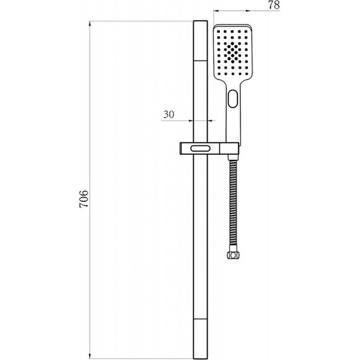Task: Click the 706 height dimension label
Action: point(83,199)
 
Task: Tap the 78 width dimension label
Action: point(274,5)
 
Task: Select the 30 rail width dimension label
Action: point(169,114)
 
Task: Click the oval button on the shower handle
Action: point(233,99)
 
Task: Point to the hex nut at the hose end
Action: point(233,255)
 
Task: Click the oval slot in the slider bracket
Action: point(200,148)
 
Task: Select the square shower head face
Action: point(233,53)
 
